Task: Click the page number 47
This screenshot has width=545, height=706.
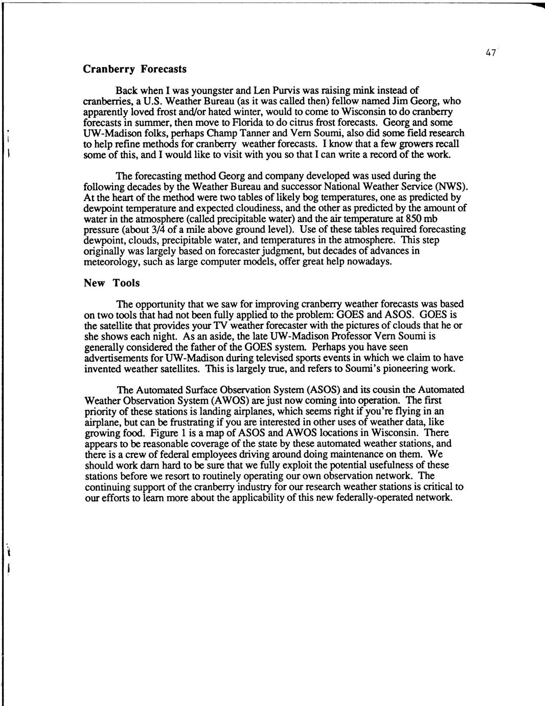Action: point(491,53)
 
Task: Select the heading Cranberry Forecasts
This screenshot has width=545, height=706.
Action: point(134,69)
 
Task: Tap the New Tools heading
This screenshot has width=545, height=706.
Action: point(111,283)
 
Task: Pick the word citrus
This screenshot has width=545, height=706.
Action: point(303,122)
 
